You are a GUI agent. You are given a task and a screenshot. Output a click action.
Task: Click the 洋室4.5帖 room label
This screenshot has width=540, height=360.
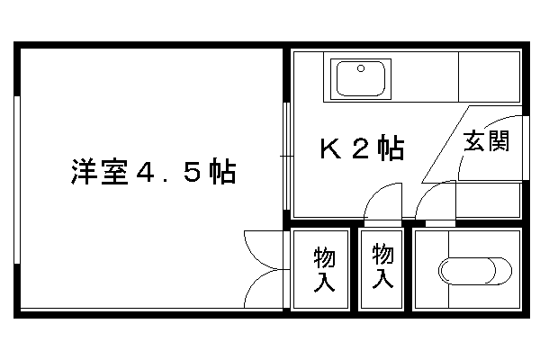[x=154, y=172]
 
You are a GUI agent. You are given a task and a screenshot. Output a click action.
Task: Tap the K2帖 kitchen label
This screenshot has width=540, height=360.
[x=362, y=148]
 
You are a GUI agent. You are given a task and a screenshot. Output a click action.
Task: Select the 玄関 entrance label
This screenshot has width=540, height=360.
[x=486, y=140]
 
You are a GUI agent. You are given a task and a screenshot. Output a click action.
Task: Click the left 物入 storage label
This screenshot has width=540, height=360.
[x=324, y=269]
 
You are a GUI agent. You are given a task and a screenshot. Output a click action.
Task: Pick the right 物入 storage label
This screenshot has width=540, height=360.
[x=382, y=266]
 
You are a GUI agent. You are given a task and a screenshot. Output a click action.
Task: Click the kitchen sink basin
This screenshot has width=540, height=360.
[x=361, y=79]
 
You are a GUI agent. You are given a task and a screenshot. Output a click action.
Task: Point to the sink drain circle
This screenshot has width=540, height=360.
[x=361, y=68]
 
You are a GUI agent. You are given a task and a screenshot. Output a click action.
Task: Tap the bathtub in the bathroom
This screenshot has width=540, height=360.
[x=475, y=271]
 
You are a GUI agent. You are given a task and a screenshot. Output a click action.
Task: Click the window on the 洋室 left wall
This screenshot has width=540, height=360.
[x=17, y=180]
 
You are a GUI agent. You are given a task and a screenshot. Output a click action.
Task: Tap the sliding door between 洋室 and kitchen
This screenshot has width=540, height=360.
[x=286, y=156]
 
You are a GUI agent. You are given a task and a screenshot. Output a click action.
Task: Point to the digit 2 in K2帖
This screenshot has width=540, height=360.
[x=360, y=148]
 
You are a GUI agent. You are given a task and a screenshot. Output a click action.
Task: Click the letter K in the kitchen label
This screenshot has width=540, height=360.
[x=330, y=148]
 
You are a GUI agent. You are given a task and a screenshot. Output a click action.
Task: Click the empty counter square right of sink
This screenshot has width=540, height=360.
[x=489, y=76]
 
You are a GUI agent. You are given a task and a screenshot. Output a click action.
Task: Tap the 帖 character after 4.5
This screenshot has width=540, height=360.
[x=223, y=172]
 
